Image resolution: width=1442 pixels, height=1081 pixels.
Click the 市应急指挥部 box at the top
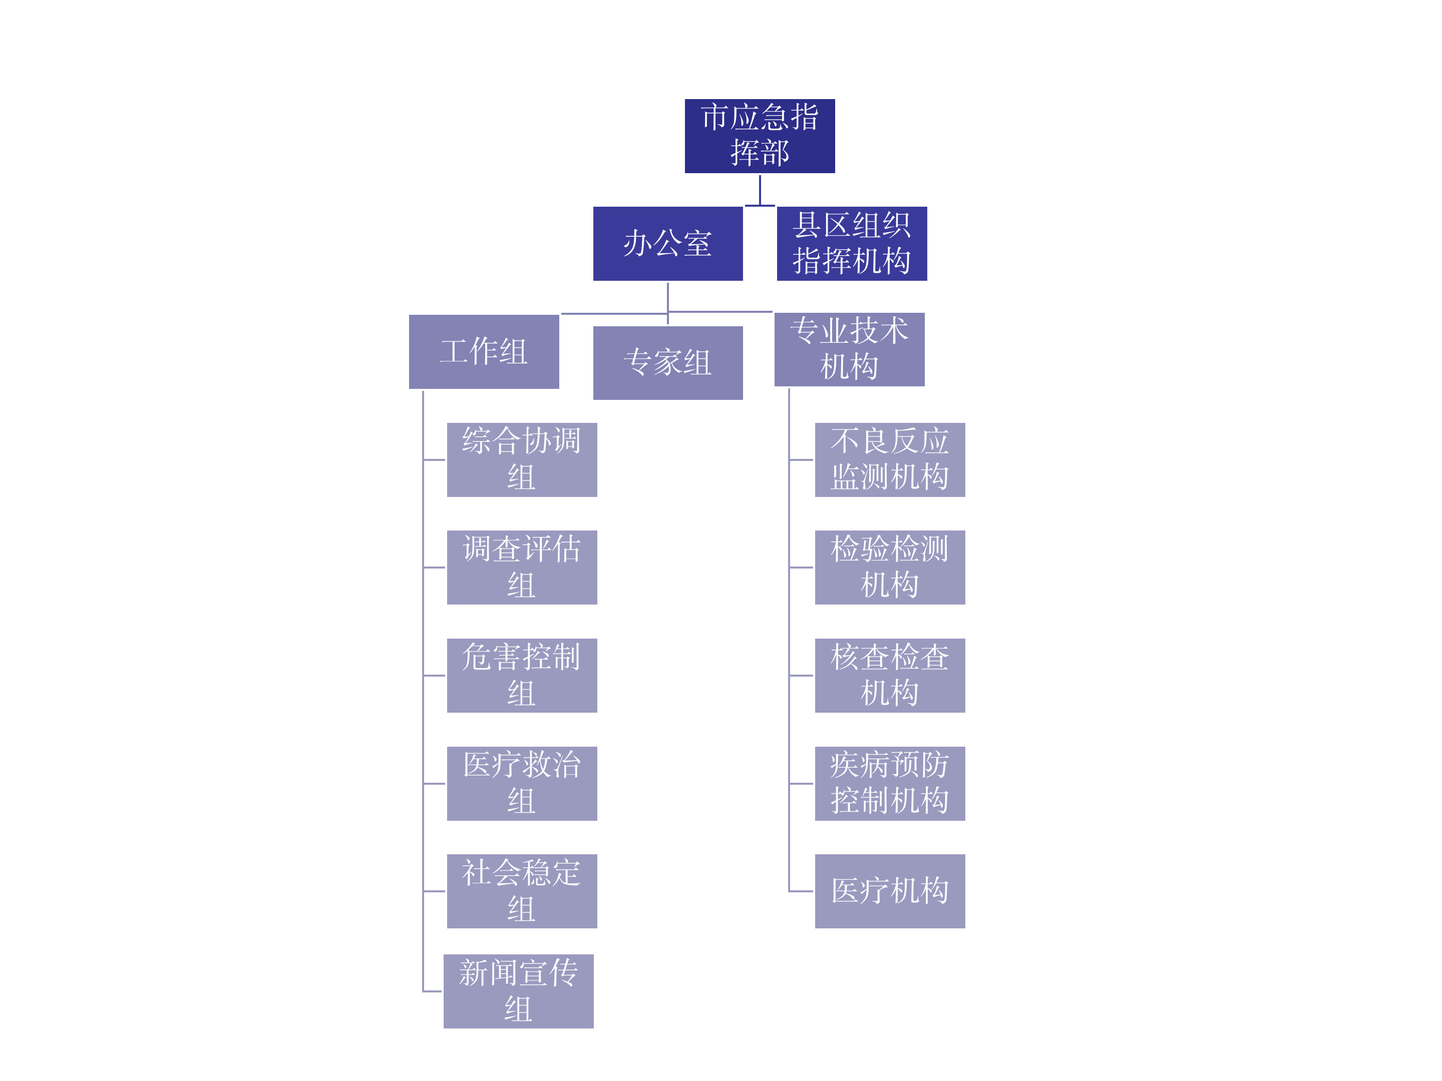click(760, 136)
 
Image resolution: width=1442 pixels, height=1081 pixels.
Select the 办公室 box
click(667, 244)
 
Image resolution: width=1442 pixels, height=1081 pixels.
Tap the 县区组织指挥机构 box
click(852, 244)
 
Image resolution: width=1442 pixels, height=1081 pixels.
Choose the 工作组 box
click(484, 352)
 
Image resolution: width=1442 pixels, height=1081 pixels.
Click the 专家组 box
click(667, 363)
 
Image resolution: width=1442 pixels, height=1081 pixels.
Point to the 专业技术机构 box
click(849, 349)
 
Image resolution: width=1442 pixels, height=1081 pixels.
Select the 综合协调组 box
click(522, 460)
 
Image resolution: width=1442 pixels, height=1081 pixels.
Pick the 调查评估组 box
click(522, 568)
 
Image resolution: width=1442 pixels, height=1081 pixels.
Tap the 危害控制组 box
click(522, 676)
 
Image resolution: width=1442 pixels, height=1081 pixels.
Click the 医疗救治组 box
click(522, 784)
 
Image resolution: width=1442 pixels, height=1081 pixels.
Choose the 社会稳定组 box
click(522, 891)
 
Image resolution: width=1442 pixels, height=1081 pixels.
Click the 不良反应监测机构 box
click(890, 460)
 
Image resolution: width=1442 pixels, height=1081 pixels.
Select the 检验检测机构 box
click(890, 568)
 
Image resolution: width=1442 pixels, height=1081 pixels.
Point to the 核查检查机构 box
click(890, 676)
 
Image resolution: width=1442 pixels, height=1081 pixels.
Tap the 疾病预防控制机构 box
click(890, 784)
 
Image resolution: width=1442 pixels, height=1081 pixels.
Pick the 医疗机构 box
click(890, 891)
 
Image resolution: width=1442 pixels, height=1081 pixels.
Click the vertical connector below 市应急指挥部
click(760, 190)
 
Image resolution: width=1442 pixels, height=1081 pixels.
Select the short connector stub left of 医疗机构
click(801, 891)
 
